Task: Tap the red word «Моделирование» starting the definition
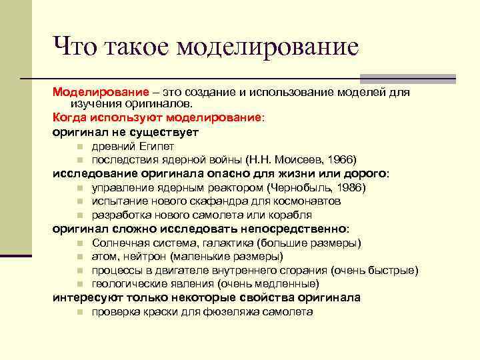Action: (93, 92)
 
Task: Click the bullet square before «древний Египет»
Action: (79, 146)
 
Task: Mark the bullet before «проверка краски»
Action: (79, 312)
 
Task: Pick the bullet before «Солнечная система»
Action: (79, 243)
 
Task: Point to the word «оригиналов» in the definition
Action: (159, 104)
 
